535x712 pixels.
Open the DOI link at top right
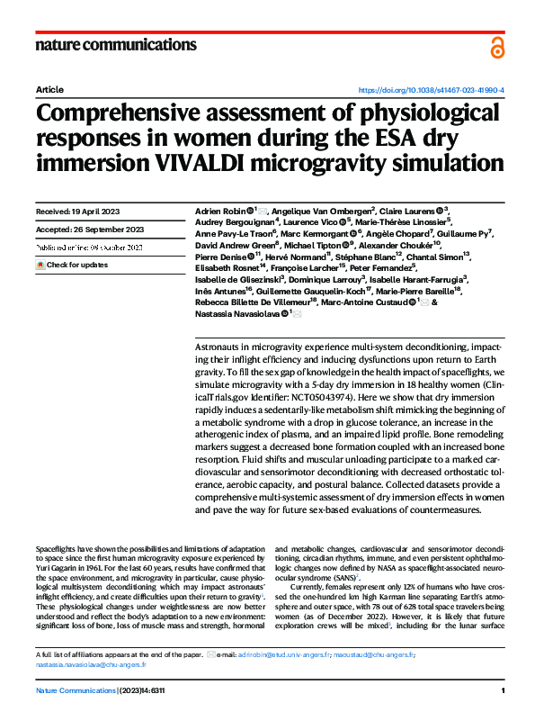[432, 91]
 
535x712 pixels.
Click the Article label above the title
[49, 91]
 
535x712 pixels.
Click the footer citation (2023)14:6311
[143, 690]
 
